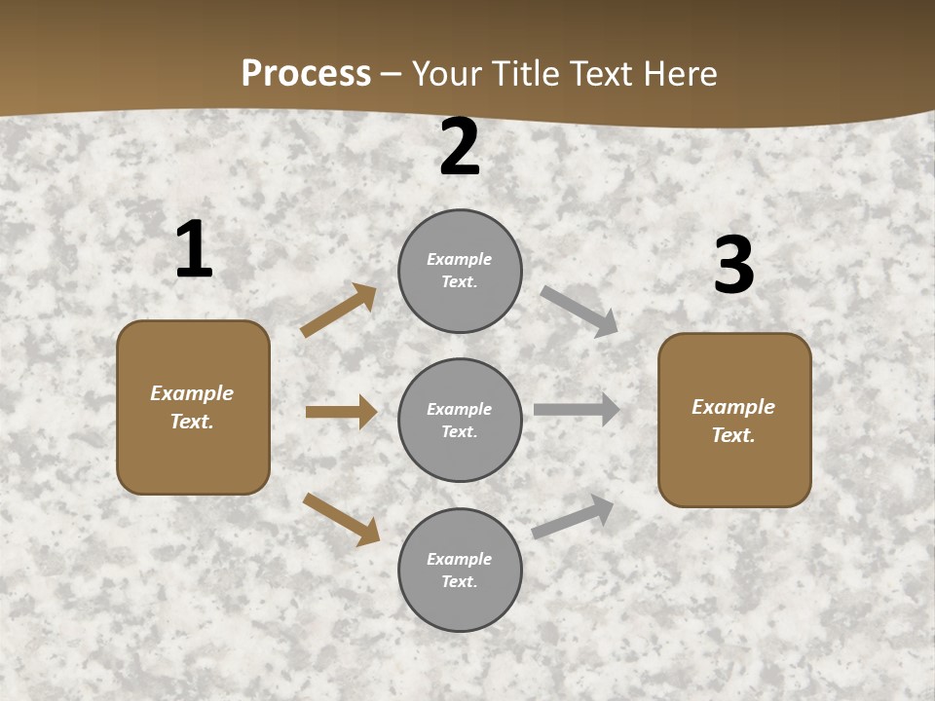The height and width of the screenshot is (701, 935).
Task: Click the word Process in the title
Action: (306, 74)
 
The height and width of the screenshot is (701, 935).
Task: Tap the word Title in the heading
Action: (529, 74)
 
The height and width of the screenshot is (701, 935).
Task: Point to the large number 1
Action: (194, 250)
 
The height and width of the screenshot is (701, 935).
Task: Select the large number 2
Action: (460, 148)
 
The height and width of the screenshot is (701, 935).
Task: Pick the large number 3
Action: (733, 266)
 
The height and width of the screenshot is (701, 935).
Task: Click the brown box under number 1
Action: (193, 407)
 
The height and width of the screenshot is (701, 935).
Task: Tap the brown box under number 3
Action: (734, 421)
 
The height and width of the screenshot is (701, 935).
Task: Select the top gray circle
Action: (460, 271)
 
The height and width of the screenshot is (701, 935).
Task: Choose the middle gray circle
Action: (460, 421)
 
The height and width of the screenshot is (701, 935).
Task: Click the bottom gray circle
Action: (460, 571)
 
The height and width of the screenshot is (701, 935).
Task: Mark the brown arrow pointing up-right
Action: (338, 311)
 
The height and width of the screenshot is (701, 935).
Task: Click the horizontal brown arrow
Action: (341, 412)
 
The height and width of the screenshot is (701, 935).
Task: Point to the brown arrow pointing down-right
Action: (341, 518)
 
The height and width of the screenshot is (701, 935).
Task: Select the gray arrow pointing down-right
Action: (579, 311)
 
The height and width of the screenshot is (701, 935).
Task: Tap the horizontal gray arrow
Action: (577, 410)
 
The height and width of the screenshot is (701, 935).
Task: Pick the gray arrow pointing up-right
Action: (573, 516)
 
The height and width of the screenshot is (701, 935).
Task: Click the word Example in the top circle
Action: (460, 260)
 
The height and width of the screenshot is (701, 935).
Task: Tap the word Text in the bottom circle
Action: (458, 582)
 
